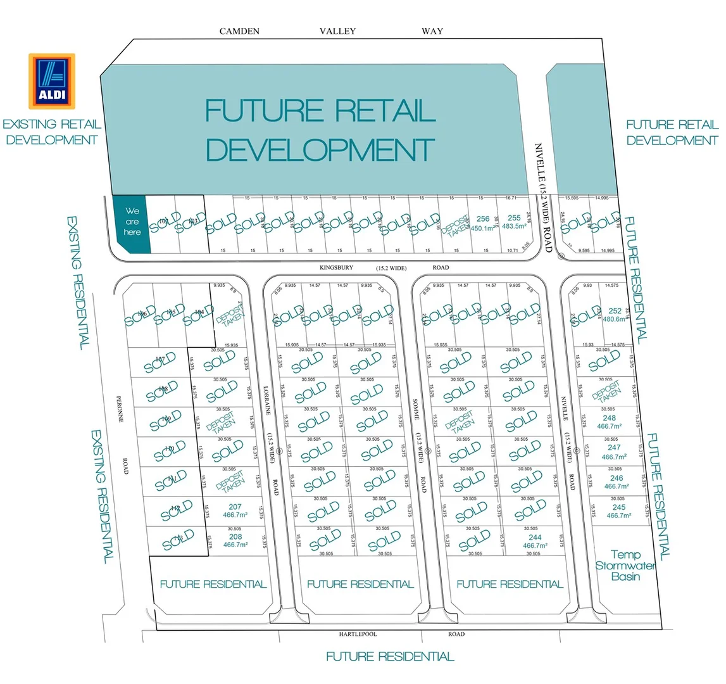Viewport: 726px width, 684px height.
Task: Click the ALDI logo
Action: tap(51, 80)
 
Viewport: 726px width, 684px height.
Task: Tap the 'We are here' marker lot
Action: tap(132, 222)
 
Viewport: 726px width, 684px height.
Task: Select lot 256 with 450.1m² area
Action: tap(482, 224)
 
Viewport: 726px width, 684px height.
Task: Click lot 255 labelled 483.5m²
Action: tap(513, 222)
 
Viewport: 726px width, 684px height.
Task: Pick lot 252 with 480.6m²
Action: tap(614, 315)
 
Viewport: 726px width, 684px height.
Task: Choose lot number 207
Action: tap(235, 510)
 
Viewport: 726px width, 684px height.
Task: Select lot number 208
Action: tap(235, 540)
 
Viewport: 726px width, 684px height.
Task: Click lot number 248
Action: tap(610, 422)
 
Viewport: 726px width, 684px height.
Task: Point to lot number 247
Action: tap(614, 452)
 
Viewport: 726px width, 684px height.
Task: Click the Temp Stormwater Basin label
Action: tap(625, 566)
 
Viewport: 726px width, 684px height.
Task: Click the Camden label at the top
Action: tap(239, 31)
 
